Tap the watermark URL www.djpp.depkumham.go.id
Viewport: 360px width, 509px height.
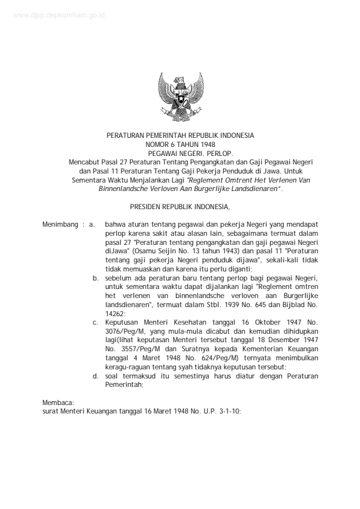coord(57,16)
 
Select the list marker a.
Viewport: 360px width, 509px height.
coord(93,224)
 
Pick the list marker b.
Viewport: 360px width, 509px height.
coord(96,276)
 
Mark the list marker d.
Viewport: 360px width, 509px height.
coord(96,376)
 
